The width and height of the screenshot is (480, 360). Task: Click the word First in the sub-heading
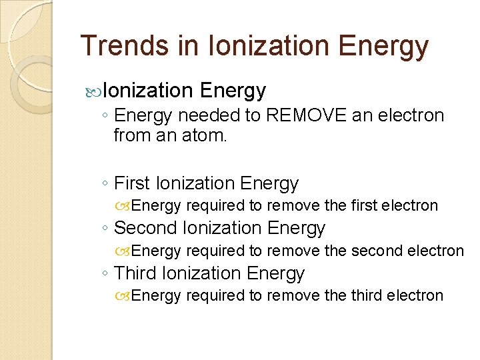pyautogui.click(x=132, y=183)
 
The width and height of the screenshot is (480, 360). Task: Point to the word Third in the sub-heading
pyautogui.click(x=135, y=273)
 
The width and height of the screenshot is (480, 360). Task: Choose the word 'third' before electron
pyautogui.click(x=372, y=295)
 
